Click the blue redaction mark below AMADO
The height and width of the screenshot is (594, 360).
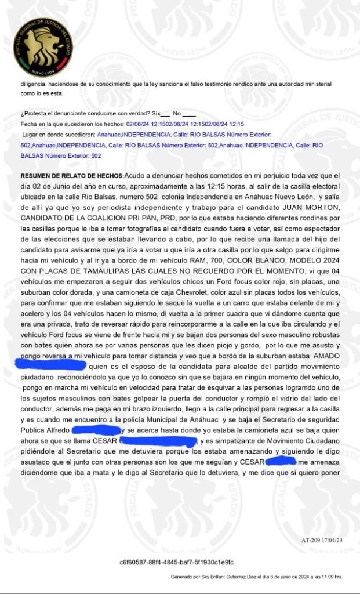click(x=53, y=365)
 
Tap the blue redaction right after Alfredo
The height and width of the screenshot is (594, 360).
click(x=96, y=430)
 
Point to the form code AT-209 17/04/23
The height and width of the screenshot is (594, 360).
click(x=322, y=539)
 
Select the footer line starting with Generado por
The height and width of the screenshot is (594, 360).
click(x=256, y=577)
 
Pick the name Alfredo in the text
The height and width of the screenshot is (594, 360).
click(x=55, y=430)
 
